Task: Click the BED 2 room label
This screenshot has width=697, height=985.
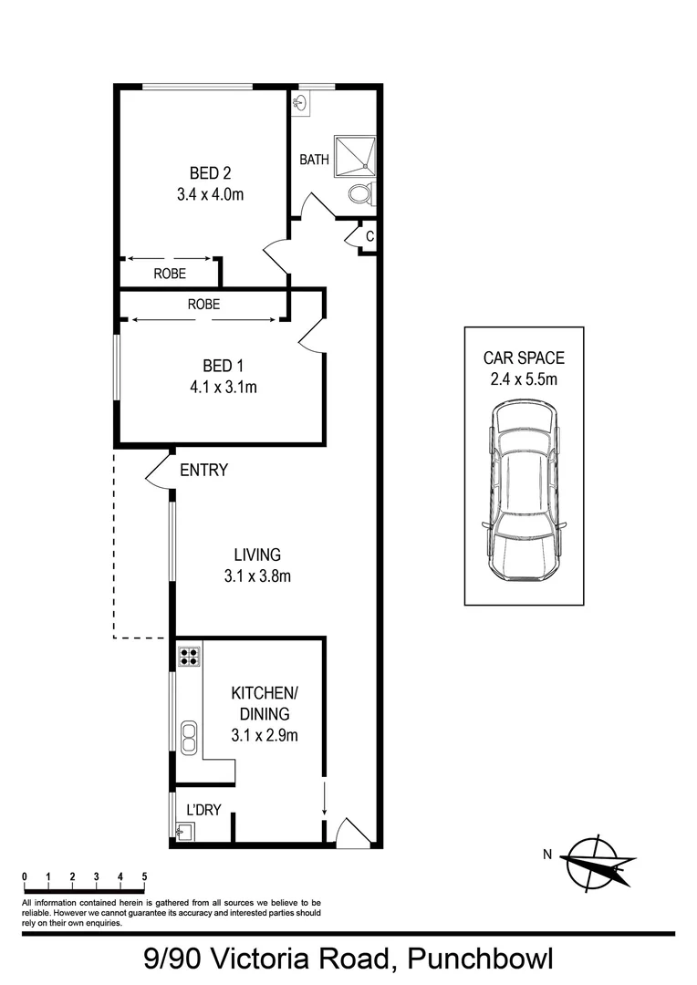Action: (x=203, y=173)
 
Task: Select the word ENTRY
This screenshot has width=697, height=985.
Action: (x=203, y=471)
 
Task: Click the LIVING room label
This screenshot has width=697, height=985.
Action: (x=256, y=555)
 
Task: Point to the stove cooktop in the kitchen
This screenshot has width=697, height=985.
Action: (x=189, y=658)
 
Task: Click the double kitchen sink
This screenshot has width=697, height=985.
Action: (x=189, y=737)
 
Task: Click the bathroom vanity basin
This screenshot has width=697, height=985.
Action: (x=300, y=105)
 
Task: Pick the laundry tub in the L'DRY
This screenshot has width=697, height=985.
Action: (x=183, y=831)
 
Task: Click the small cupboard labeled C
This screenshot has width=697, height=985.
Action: (x=369, y=236)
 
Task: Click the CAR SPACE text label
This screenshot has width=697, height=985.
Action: (x=523, y=358)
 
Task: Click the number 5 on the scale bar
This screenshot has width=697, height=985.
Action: (x=144, y=877)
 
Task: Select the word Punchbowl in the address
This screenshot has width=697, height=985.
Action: (x=479, y=959)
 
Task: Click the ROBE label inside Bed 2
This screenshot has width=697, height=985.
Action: (x=170, y=273)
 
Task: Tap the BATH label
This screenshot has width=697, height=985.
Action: (x=314, y=160)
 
